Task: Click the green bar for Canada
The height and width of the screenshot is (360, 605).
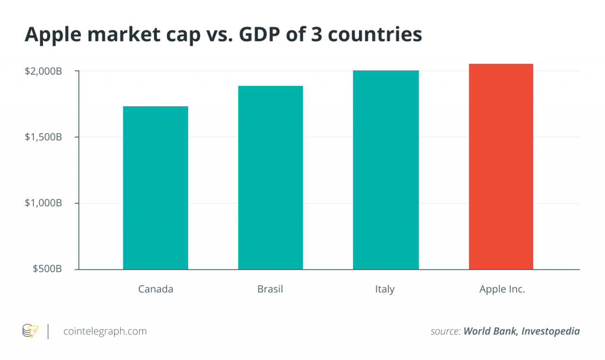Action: pyautogui.click(x=156, y=188)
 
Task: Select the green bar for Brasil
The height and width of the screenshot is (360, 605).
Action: pyautogui.click(x=270, y=178)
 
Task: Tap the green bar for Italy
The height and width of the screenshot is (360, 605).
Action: pyautogui.click(x=386, y=170)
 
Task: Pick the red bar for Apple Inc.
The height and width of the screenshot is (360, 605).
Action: pyautogui.click(x=501, y=166)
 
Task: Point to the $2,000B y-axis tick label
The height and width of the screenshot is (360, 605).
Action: pyautogui.click(x=43, y=71)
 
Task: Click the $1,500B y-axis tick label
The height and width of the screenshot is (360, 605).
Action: pyautogui.click(x=43, y=137)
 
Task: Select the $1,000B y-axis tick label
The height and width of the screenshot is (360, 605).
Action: pyautogui.click(x=43, y=203)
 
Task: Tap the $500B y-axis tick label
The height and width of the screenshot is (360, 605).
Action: pyautogui.click(x=47, y=269)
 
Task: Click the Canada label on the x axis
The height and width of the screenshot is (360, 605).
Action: pyautogui.click(x=156, y=289)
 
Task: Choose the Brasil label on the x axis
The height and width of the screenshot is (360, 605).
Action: pyautogui.click(x=270, y=289)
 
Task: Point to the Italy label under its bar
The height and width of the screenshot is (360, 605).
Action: pyautogui.click(x=385, y=289)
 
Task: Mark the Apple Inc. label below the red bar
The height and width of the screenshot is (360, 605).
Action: pyautogui.click(x=502, y=289)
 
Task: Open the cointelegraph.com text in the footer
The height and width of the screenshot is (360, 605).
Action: pyautogui.click(x=105, y=331)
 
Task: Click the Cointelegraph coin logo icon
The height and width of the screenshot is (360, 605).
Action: pyautogui.click(x=31, y=331)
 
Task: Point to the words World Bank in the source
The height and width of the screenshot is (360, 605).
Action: pyautogui.click(x=489, y=331)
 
